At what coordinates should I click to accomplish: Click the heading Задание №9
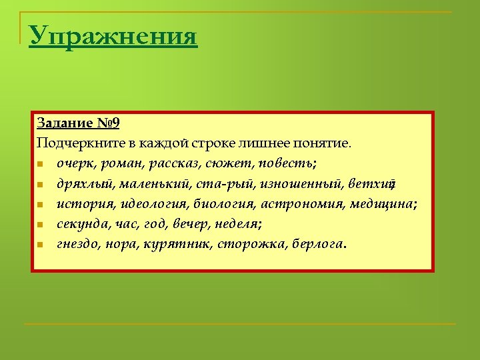(x=78, y=123)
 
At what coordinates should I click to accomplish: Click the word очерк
(x=77, y=163)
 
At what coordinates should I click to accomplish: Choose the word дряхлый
(x=85, y=184)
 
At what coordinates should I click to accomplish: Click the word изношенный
(x=303, y=183)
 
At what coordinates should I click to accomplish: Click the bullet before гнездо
(x=41, y=245)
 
